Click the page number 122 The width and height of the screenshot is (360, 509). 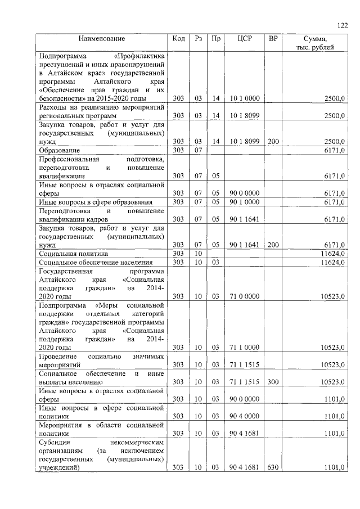click(x=343, y=25)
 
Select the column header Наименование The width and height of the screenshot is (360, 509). click(x=102, y=39)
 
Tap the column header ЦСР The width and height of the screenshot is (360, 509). click(x=245, y=39)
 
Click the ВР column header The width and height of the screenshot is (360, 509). click(x=273, y=39)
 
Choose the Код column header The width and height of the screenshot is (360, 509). click(x=178, y=39)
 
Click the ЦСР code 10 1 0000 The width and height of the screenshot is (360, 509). click(x=245, y=98)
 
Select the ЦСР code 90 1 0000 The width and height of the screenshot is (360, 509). click(x=245, y=202)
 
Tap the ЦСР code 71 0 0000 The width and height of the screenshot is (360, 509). click(x=245, y=296)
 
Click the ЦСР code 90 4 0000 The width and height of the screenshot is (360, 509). click(x=245, y=416)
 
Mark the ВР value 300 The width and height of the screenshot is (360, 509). click(x=273, y=382)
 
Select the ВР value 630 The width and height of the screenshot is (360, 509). click(x=273, y=467)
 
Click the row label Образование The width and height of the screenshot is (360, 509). click(x=59, y=151)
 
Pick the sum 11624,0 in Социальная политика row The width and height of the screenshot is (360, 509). click(x=332, y=254)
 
